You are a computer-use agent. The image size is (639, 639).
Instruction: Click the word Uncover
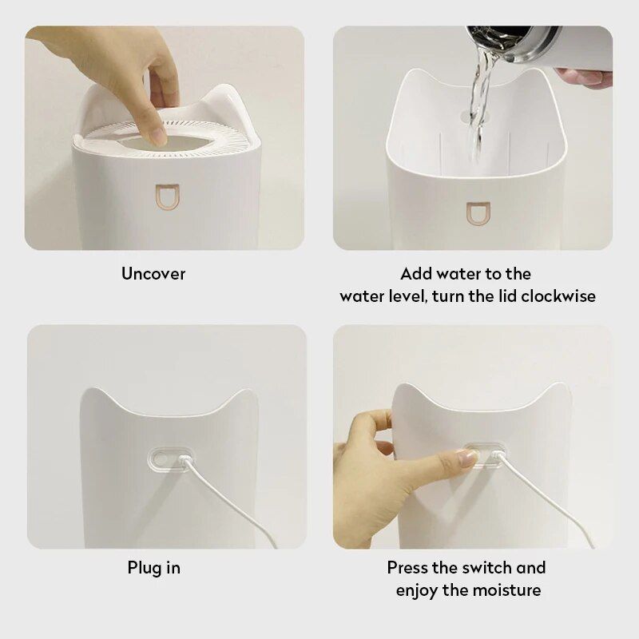point(153,274)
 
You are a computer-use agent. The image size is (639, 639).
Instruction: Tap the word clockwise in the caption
point(558,296)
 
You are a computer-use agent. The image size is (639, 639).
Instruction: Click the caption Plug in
point(153,569)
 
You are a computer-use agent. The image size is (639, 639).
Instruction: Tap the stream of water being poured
point(478,104)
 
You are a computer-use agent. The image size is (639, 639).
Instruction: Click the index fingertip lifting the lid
point(157,137)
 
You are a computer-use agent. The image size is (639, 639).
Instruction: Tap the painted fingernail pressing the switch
point(466,458)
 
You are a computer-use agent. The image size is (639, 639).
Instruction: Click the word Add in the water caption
point(415,274)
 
